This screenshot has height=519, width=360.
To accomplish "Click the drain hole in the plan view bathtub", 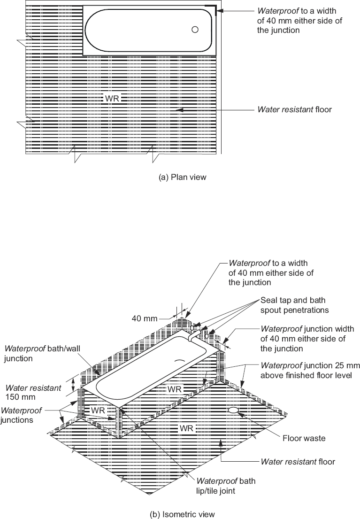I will [195, 30].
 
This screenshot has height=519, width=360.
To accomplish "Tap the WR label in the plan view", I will [113, 98].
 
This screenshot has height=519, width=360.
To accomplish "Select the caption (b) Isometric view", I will [182, 514].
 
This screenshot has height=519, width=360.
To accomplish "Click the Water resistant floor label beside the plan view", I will [294, 109].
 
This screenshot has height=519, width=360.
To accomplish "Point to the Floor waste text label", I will [304, 438].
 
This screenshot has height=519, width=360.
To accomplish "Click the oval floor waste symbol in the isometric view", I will [233, 410].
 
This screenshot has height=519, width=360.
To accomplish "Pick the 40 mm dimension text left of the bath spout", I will [144, 318].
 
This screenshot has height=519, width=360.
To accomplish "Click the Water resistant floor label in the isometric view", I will [298, 462].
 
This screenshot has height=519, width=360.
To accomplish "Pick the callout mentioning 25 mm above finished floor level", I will [306, 370].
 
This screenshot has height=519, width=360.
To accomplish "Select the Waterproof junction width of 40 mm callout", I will [307, 339].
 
